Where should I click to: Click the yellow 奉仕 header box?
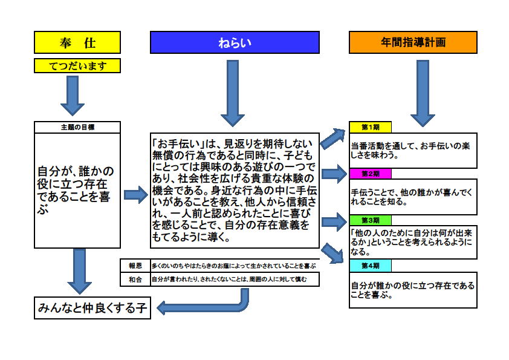pos(77,42)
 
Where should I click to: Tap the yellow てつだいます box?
pos(77,65)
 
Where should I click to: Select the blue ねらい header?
pos(235,42)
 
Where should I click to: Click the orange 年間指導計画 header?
pos(413,42)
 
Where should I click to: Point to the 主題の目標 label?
pos(77,127)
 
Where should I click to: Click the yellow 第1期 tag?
pos(370,127)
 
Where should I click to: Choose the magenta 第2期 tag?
pos(370,174)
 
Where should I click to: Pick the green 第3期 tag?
pos(370,220)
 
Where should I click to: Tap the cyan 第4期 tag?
pos(370,266)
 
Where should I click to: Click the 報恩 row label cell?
pos(135,266)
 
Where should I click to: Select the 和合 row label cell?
pos(135,280)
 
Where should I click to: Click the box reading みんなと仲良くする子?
pos(92,308)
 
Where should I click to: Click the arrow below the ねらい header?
pos(233,93)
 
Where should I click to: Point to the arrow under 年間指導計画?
pos(423,93)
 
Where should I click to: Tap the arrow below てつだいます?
pos(73,96)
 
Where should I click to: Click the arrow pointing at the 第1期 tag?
pos(333,139)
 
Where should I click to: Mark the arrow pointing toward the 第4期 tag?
pos(332,253)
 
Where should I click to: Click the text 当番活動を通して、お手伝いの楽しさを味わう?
pos(410,151)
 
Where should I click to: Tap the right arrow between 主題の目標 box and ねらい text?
pos(136,195)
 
